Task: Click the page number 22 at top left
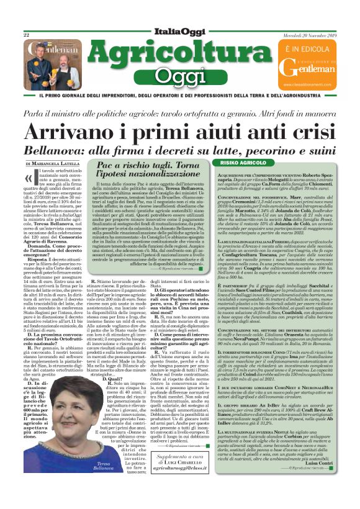27,36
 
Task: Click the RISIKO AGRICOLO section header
235,163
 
